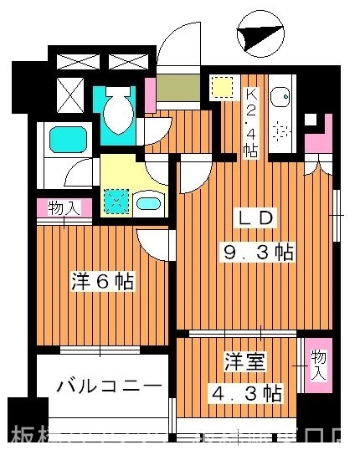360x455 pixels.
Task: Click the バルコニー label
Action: (109, 387)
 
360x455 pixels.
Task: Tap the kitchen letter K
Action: (249, 93)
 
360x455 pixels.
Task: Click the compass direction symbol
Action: (256, 37)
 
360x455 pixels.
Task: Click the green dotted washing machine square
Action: (116, 200)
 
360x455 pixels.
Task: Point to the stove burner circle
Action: (280, 131)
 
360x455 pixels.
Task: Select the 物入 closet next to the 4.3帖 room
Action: (318, 365)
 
